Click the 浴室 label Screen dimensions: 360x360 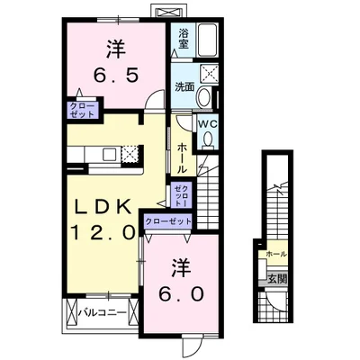click(x=183, y=38)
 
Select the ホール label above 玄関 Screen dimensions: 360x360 click(x=275, y=255)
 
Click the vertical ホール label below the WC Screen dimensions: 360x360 click(x=183, y=157)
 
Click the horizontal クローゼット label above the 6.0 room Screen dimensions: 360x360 click(x=167, y=221)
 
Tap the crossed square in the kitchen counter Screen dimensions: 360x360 click(x=129, y=154)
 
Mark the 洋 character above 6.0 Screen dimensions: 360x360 click(x=183, y=267)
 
